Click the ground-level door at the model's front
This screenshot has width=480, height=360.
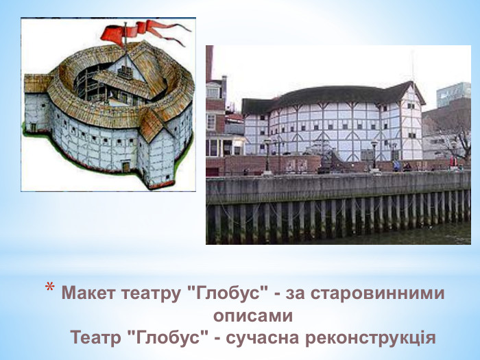(x=125, y=166)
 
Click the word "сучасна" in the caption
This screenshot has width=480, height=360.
(x=268, y=339)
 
